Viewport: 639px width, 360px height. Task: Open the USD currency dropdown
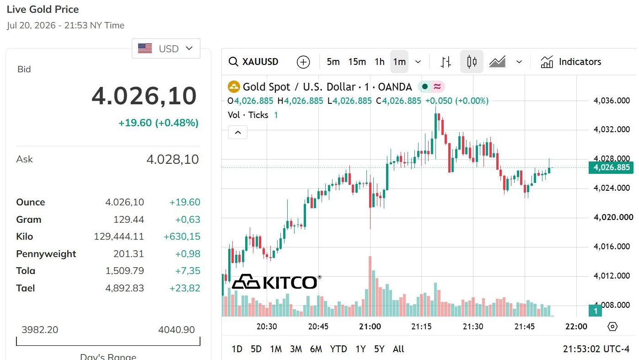coord(166,48)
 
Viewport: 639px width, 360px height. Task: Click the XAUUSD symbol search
coord(253,62)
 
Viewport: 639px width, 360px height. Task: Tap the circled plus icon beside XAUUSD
coord(303,62)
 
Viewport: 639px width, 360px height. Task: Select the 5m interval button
coord(333,62)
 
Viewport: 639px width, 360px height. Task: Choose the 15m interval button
coord(357,62)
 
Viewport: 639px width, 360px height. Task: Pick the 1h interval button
coord(379,62)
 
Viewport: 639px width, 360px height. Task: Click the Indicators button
coord(571,62)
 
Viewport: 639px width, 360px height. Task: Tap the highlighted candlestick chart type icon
coord(472,62)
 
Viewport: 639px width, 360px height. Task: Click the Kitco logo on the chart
coord(276,282)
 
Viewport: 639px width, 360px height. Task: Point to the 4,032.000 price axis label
coord(612,129)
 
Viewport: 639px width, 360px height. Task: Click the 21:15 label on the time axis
coord(421,326)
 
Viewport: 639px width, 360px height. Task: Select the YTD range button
coord(338,349)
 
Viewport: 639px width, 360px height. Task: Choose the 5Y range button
coord(379,349)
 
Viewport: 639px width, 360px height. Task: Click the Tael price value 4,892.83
coord(125,288)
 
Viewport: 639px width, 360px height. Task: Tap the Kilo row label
coord(25,236)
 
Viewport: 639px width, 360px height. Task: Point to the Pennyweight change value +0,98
coord(188,254)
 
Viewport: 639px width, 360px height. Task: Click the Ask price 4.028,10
coord(172,159)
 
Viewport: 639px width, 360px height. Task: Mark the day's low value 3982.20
coord(40,330)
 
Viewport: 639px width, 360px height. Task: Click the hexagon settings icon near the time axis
coord(612,326)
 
